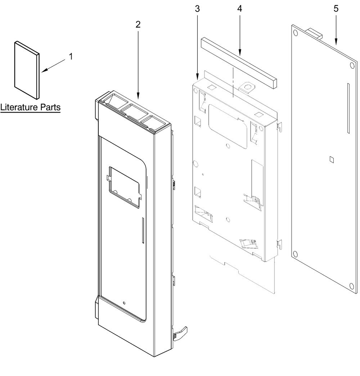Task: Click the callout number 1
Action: [71, 56]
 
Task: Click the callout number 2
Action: [138, 24]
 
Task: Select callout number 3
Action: [197, 9]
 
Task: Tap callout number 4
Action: [239, 9]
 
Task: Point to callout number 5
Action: [336, 9]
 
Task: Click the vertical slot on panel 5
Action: [348, 108]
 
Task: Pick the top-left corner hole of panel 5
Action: [296, 33]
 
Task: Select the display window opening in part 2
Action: [123, 187]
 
